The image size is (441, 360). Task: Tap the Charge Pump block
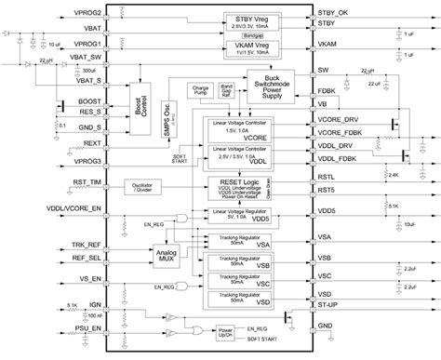(201, 90)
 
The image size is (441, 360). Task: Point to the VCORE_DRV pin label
(338, 120)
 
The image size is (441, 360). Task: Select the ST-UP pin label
(328, 304)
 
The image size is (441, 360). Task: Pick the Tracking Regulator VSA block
(245, 243)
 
